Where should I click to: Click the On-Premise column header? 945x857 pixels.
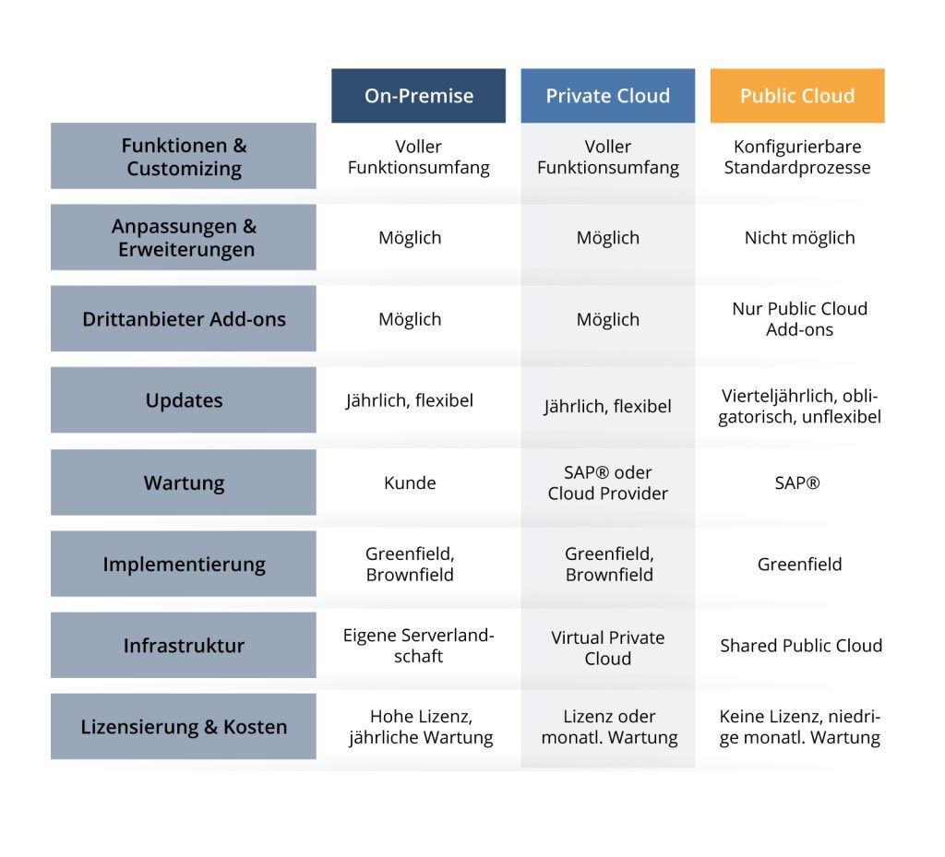tap(418, 96)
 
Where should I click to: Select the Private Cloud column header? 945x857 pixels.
tap(607, 96)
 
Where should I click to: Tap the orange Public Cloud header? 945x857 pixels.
tap(797, 96)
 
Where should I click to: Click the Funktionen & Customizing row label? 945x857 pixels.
tap(184, 157)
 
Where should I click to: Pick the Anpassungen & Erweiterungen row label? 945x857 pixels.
tap(184, 238)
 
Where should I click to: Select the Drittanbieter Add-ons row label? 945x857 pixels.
tap(184, 319)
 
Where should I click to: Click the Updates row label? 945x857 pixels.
tap(184, 400)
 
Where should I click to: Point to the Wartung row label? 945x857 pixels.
tap(184, 482)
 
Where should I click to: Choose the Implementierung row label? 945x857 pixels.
tap(184, 564)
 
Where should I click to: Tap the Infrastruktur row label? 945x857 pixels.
tap(184, 645)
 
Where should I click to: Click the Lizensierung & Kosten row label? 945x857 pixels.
tap(184, 727)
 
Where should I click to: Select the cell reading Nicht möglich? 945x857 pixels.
tap(799, 238)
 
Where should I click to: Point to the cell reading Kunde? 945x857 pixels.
tap(410, 482)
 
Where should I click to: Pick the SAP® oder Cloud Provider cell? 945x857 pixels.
tap(607, 482)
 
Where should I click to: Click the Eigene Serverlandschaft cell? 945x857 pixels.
tap(419, 646)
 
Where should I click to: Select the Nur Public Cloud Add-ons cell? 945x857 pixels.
tap(799, 319)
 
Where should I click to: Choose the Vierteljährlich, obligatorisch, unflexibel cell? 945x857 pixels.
tap(799, 407)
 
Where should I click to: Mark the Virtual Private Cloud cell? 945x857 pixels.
tap(607, 648)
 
